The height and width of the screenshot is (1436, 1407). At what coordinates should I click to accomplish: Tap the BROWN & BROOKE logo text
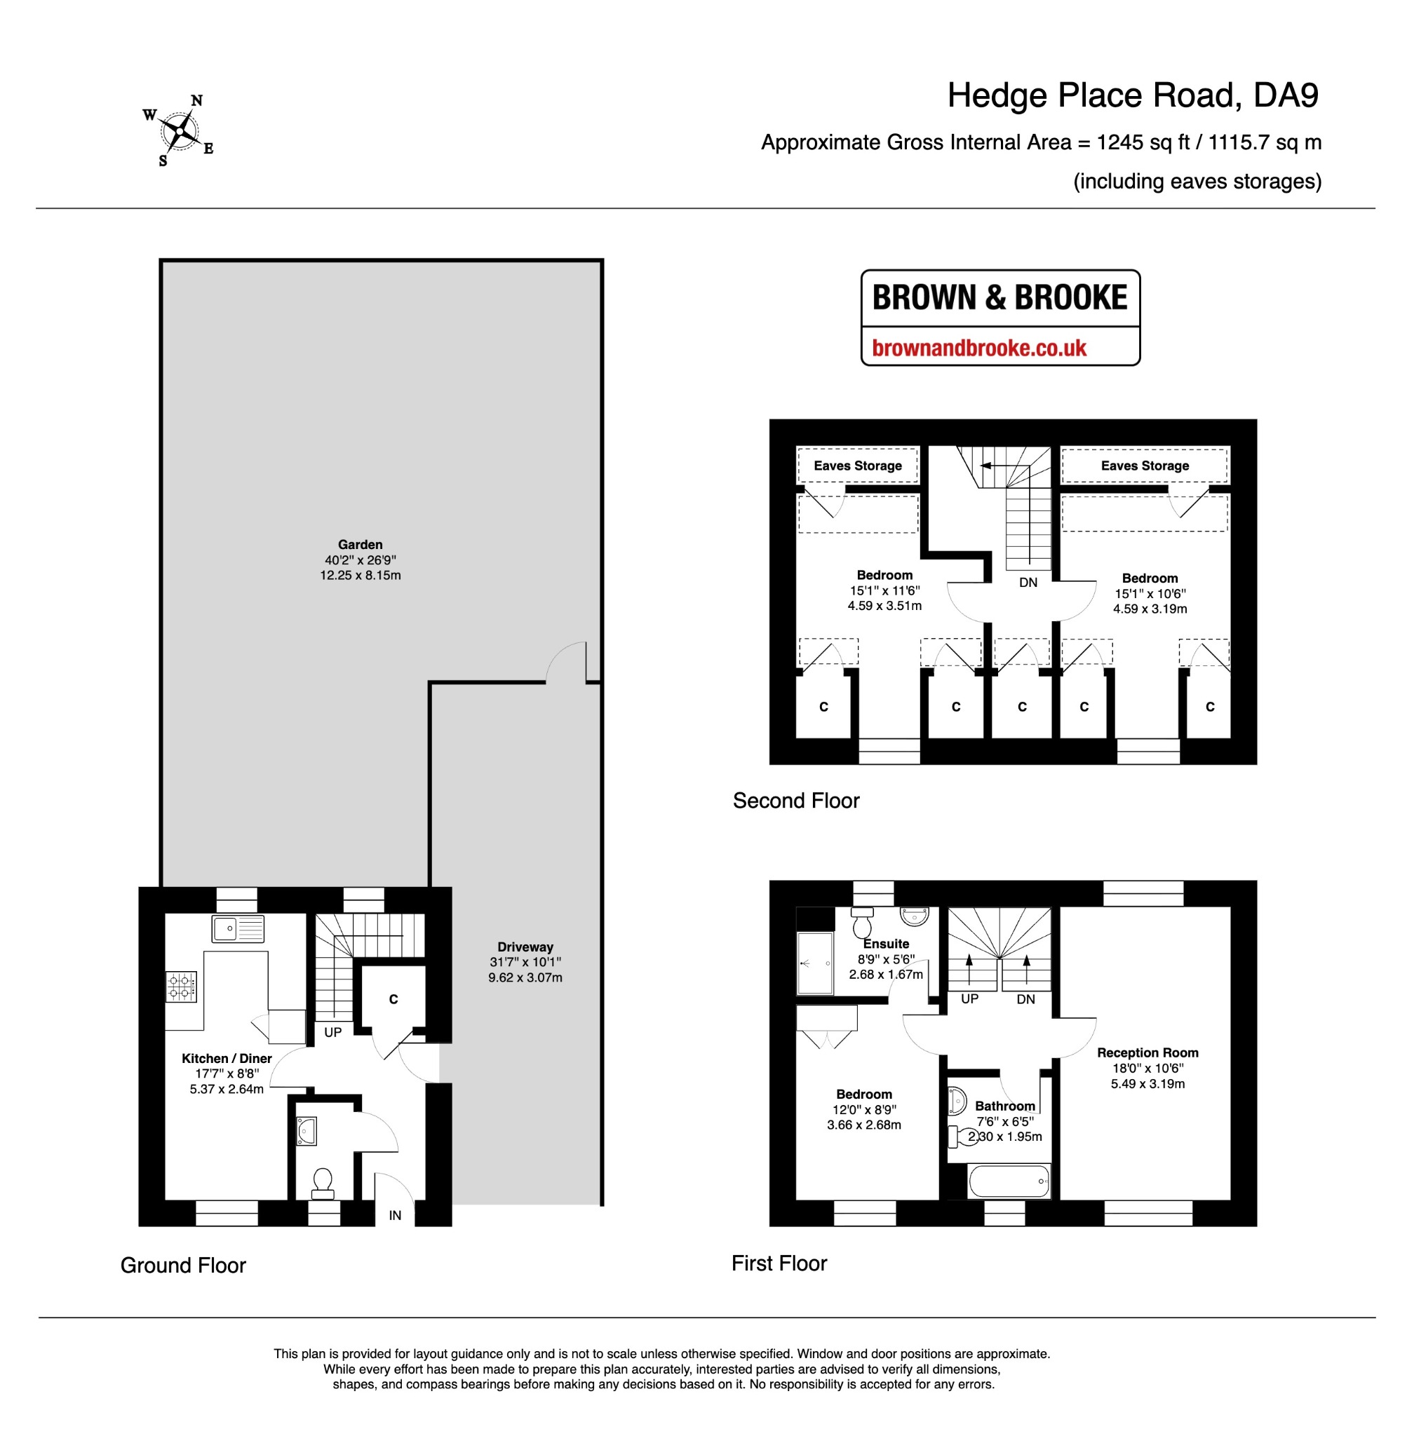point(999,297)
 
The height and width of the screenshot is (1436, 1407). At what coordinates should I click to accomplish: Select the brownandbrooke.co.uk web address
point(979,347)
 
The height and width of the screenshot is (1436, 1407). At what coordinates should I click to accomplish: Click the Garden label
point(360,544)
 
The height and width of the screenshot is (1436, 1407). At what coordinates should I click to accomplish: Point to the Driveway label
point(525,947)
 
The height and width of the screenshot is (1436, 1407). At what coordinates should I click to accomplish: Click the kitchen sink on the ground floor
point(238,928)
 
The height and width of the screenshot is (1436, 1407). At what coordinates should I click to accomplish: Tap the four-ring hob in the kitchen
point(181,986)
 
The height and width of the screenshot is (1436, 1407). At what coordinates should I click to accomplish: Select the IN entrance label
point(396,1215)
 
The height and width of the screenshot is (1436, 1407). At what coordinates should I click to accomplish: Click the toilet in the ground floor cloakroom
point(322,1183)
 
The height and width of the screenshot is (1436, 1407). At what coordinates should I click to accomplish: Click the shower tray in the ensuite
point(815,963)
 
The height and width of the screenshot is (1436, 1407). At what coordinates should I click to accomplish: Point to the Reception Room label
point(1147,1052)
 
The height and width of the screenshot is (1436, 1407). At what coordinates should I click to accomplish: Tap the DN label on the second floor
point(1028,582)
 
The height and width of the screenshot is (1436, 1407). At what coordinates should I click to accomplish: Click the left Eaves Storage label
point(857,466)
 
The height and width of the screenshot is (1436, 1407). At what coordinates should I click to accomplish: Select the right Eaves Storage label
point(1145,466)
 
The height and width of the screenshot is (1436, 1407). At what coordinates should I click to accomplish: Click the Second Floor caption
point(796,801)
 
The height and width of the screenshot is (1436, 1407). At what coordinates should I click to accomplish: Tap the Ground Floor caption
point(183,1266)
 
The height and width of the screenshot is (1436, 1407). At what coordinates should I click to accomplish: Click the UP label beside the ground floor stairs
point(332,1032)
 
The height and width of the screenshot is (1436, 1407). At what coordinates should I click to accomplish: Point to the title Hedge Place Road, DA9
point(1133,95)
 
